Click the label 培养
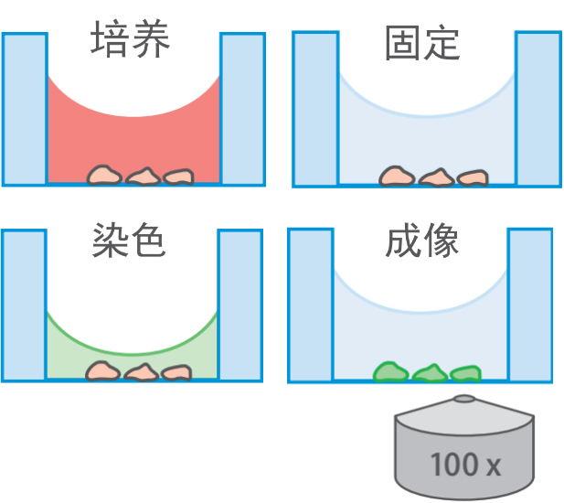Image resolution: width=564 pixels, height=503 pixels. pos(131,41)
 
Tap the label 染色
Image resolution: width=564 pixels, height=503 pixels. pos(129,241)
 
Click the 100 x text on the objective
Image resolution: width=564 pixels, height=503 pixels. pos(465,464)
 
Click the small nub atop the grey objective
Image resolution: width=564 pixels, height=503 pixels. pos(463,399)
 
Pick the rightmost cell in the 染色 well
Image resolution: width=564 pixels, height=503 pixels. pos(176,372)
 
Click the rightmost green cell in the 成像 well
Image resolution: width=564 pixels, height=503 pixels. pos(463,373)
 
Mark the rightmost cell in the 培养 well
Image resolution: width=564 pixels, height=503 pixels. pos(178,177)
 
